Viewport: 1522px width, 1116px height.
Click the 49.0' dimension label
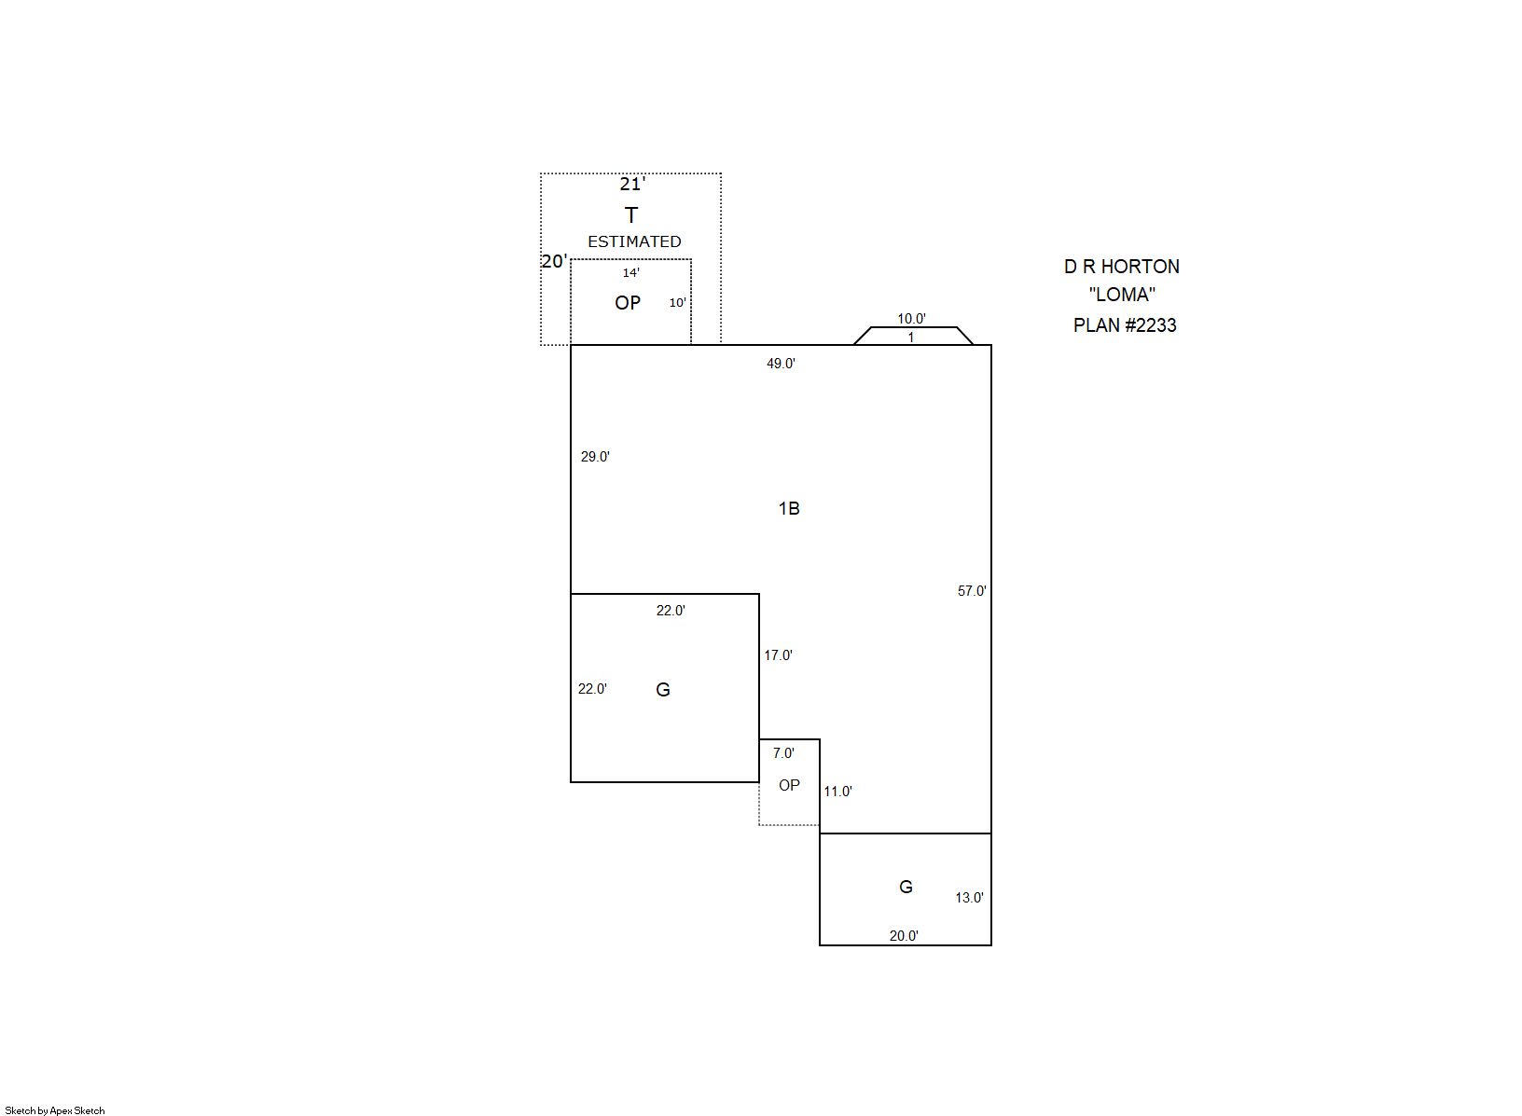pyautogui.click(x=781, y=364)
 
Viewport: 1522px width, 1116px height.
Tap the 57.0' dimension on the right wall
pyautogui.click(x=972, y=591)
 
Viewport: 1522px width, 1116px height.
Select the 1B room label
pyautogui.click(x=789, y=508)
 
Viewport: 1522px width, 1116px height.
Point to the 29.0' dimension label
pyautogui.click(x=595, y=457)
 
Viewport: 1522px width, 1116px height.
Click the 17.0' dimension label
pyautogui.click(x=778, y=654)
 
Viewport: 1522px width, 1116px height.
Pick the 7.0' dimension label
pyautogui.click(x=783, y=752)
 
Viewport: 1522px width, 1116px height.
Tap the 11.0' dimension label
pyautogui.click(x=837, y=791)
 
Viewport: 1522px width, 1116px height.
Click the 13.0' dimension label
pyautogui.click(x=969, y=897)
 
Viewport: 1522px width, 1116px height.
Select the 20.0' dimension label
pyautogui.click(x=904, y=935)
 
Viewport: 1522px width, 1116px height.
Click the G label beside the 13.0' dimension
pyautogui.click(x=906, y=887)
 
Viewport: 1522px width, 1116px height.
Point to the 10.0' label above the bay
pyautogui.click(x=911, y=319)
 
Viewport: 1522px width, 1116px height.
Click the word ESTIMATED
pyautogui.click(x=634, y=241)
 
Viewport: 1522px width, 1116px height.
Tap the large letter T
pyautogui.click(x=631, y=214)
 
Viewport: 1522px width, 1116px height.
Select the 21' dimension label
pyautogui.click(x=632, y=184)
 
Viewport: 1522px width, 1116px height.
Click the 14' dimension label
pyautogui.click(x=630, y=272)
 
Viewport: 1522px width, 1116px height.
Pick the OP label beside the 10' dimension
pyautogui.click(x=627, y=302)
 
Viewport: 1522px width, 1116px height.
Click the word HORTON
pyautogui.click(x=1141, y=267)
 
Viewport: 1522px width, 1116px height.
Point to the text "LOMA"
pyautogui.click(x=1122, y=294)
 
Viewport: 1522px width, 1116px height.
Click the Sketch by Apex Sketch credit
pyautogui.click(x=55, y=1110)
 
